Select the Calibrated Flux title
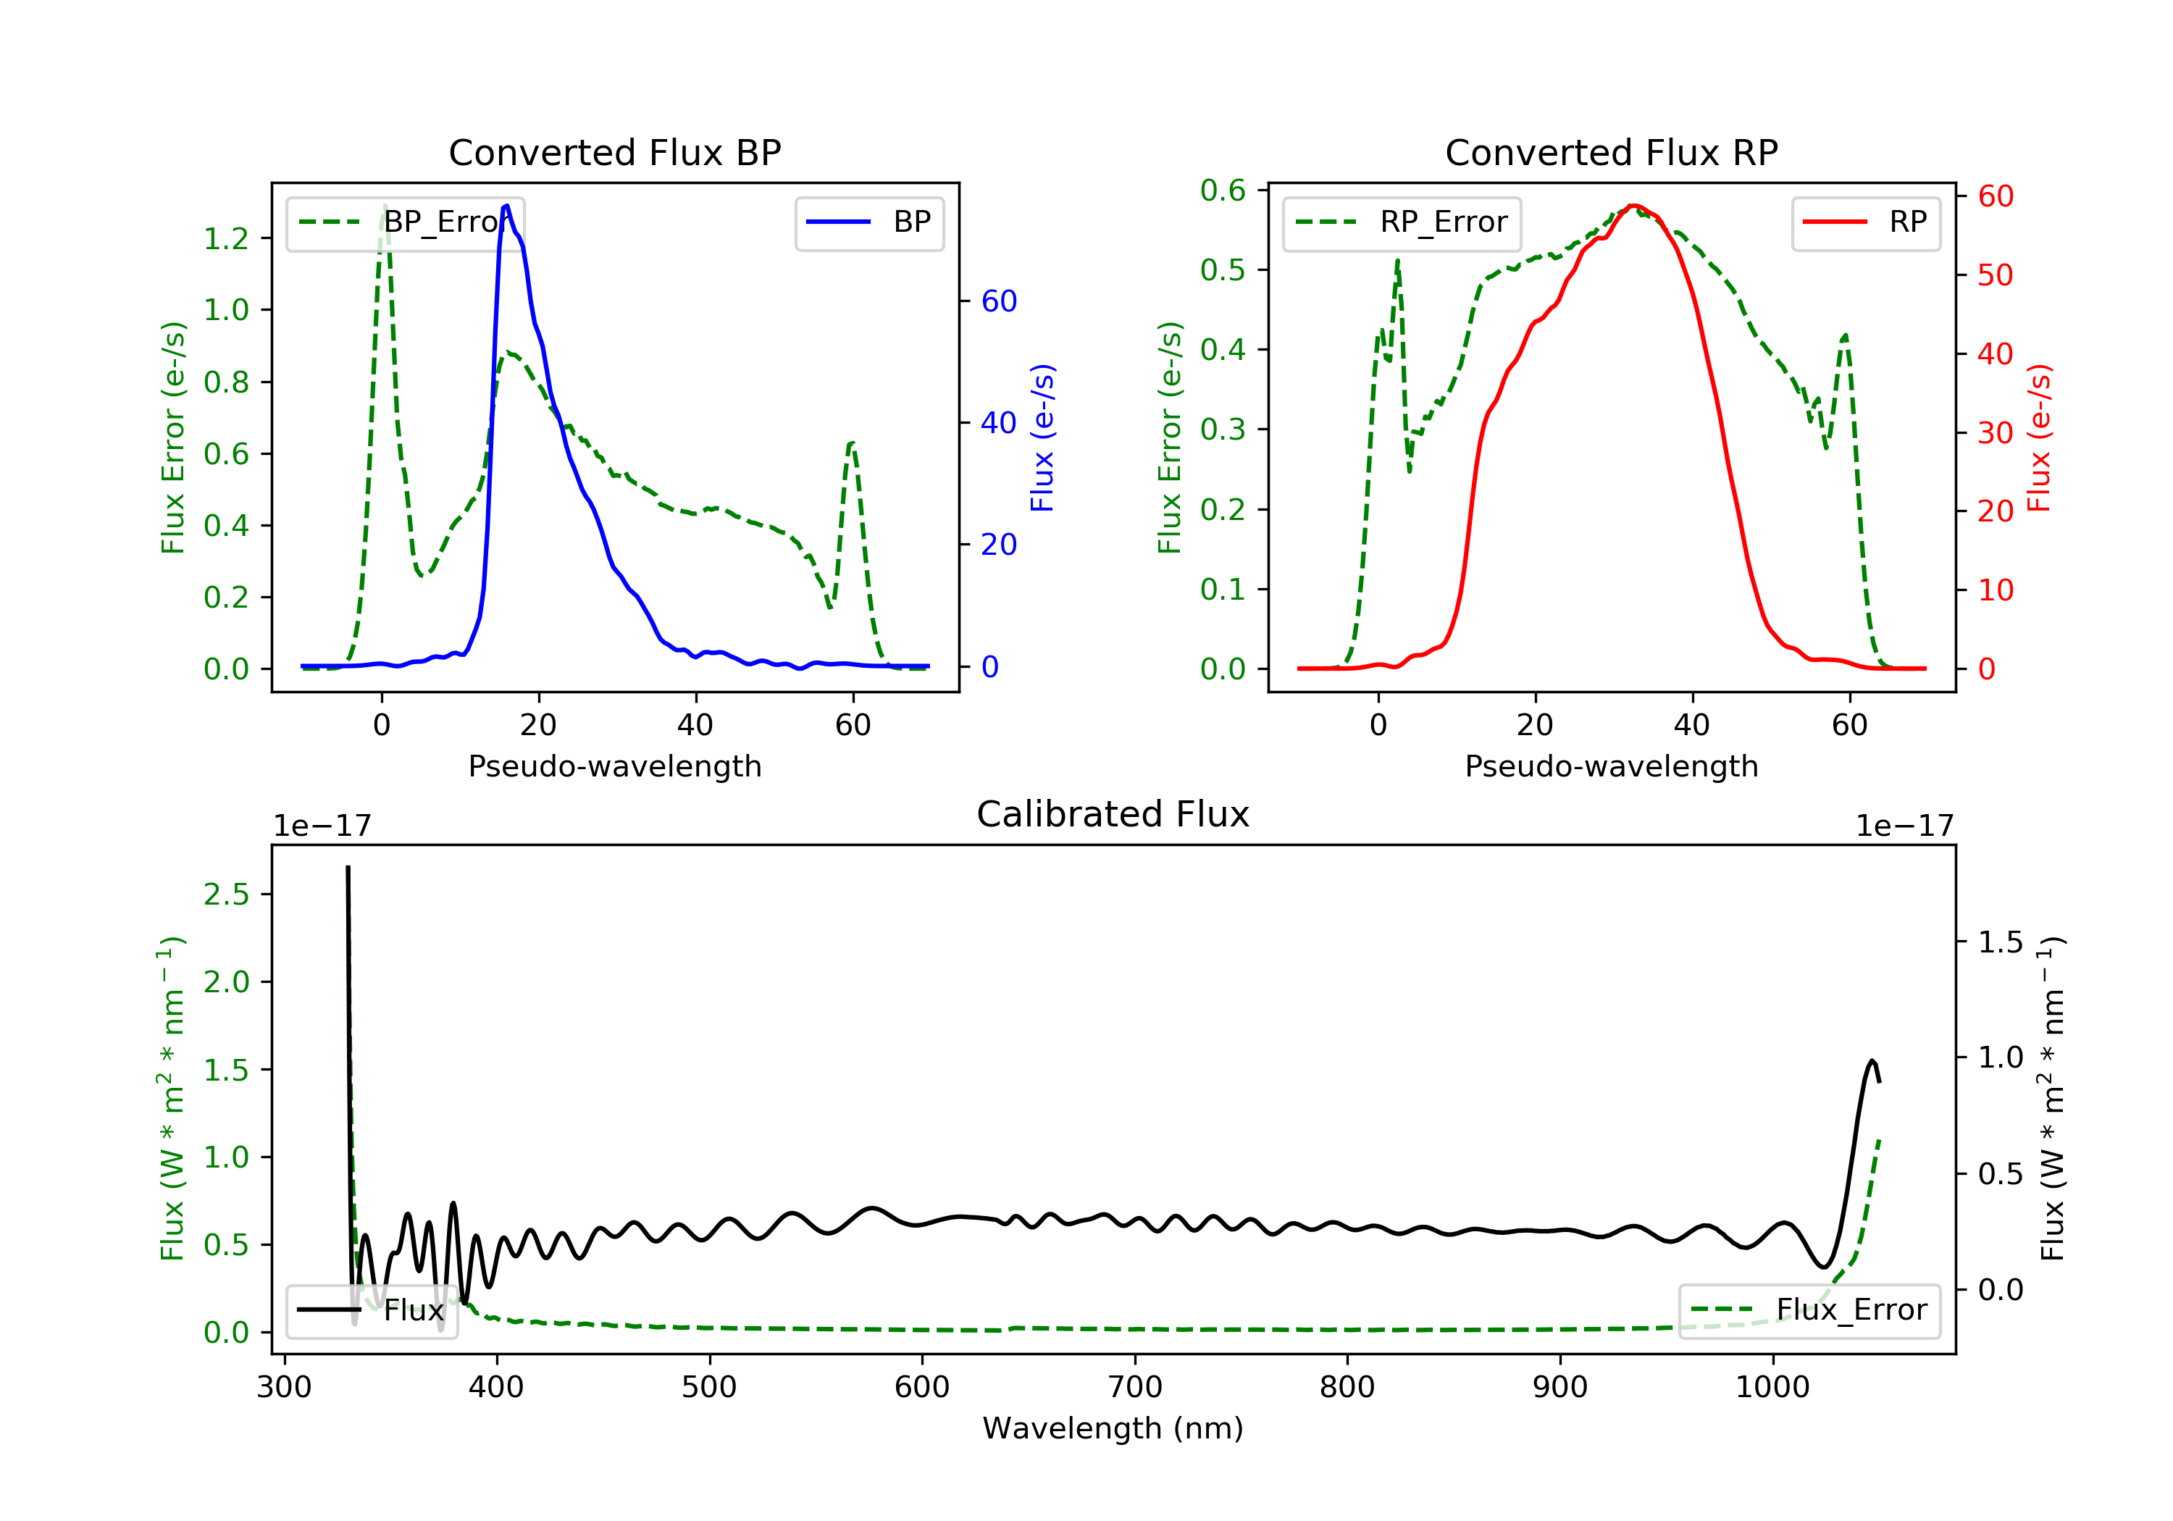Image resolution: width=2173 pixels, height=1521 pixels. click(x=1113, y=815)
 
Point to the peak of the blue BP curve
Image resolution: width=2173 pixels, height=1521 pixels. click(x=507, y=206)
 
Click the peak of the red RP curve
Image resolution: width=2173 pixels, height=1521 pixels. click(x=1633, y=206)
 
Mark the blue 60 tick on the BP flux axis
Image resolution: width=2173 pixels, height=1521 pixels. click(x=998, y=302)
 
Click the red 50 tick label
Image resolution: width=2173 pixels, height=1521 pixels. click(x=1995, y=275)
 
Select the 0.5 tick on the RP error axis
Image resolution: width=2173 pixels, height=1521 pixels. click(x=1223, y=271)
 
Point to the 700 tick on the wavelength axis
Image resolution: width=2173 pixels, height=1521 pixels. click(x=1135, y=1388)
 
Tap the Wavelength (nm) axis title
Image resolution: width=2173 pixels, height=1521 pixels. click(x=1113, y=1428)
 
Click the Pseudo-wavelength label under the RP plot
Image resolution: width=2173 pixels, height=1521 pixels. click(x=1611, y=766)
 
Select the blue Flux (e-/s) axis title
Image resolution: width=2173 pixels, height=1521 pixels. click(x=1042, y=438)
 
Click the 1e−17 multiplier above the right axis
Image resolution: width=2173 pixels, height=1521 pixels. click(x=1904, y=826)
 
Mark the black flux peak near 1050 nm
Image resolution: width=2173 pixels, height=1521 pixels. click(x=1872, y=1061)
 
